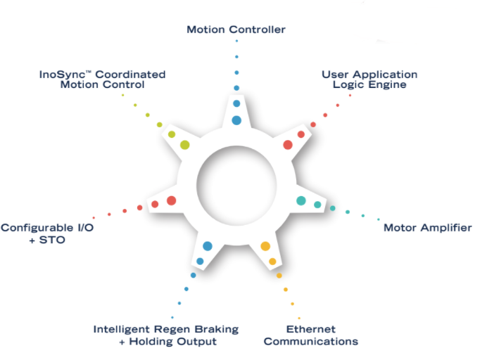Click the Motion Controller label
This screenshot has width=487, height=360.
(236, 30)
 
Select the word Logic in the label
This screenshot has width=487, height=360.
(348, 85)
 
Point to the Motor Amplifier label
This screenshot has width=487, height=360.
(427, 228)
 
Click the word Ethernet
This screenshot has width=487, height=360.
(310, 329)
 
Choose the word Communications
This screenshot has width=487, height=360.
(310, 342)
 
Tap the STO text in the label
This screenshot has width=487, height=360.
(29, 240)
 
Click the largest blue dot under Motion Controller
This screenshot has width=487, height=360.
(236, 120)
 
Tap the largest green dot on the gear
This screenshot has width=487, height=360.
(184, 145)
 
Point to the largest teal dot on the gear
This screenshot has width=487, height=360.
(301, 200)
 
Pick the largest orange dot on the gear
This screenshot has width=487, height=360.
(265, 246)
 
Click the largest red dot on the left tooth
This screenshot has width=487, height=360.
(171, 200)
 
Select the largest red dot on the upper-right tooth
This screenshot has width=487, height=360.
(288, 144)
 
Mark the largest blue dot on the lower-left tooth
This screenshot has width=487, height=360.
(208, 246)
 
